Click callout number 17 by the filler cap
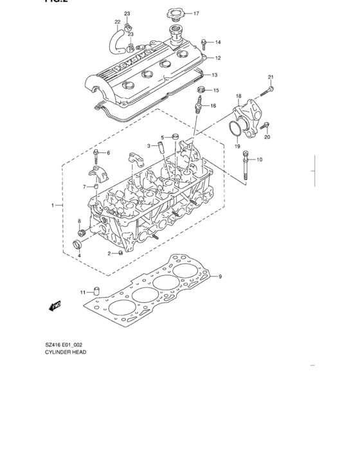[196, 13]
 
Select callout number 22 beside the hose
[118, 22]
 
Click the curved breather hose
[117, 42]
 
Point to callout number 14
[218, 42]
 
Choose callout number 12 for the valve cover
[218, 58]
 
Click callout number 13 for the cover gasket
[215, 75]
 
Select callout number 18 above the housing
[238, 96]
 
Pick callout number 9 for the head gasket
[219, 277]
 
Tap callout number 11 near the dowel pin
[82, 292]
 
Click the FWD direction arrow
[56, 305]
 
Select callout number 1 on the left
[53, 205]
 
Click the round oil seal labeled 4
[80, 246]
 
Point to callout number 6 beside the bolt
[108, 152]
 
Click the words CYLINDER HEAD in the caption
[64, 352]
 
